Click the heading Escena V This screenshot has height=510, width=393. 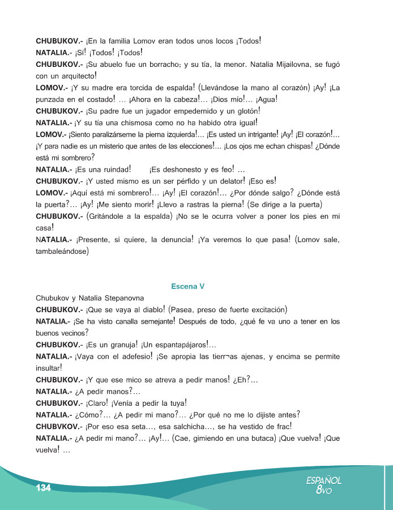pyautogui.click(x=187, y=286)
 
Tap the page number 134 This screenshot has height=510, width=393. pyautogui.click(x=44, y=488)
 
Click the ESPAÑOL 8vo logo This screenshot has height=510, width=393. pyautogui.click(x=324, y=485)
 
